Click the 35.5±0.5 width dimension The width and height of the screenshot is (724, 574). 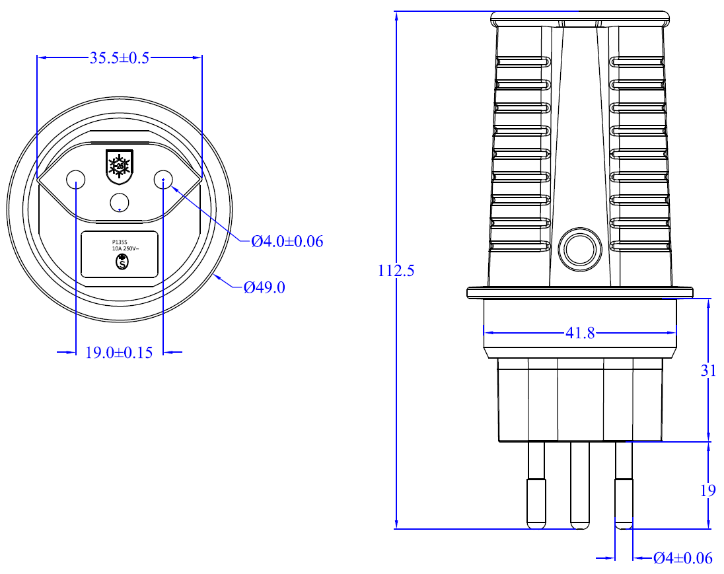[120, 58]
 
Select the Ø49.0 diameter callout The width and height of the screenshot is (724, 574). [264, 287]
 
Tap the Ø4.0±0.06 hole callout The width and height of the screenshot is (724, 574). [287, 241]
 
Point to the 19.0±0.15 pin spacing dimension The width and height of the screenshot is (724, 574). [119, 353]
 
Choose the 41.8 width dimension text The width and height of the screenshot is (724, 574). [580, 333]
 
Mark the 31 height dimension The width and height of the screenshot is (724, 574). [708, 371]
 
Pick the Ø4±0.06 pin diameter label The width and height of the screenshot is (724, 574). [683, 558]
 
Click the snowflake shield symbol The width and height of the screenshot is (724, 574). [120, 167]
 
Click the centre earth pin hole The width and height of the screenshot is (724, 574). [120, 202]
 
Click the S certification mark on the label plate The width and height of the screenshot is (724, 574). [122, 262]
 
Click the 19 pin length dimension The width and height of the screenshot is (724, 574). [708, 490]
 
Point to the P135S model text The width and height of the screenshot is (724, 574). [119, 242]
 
